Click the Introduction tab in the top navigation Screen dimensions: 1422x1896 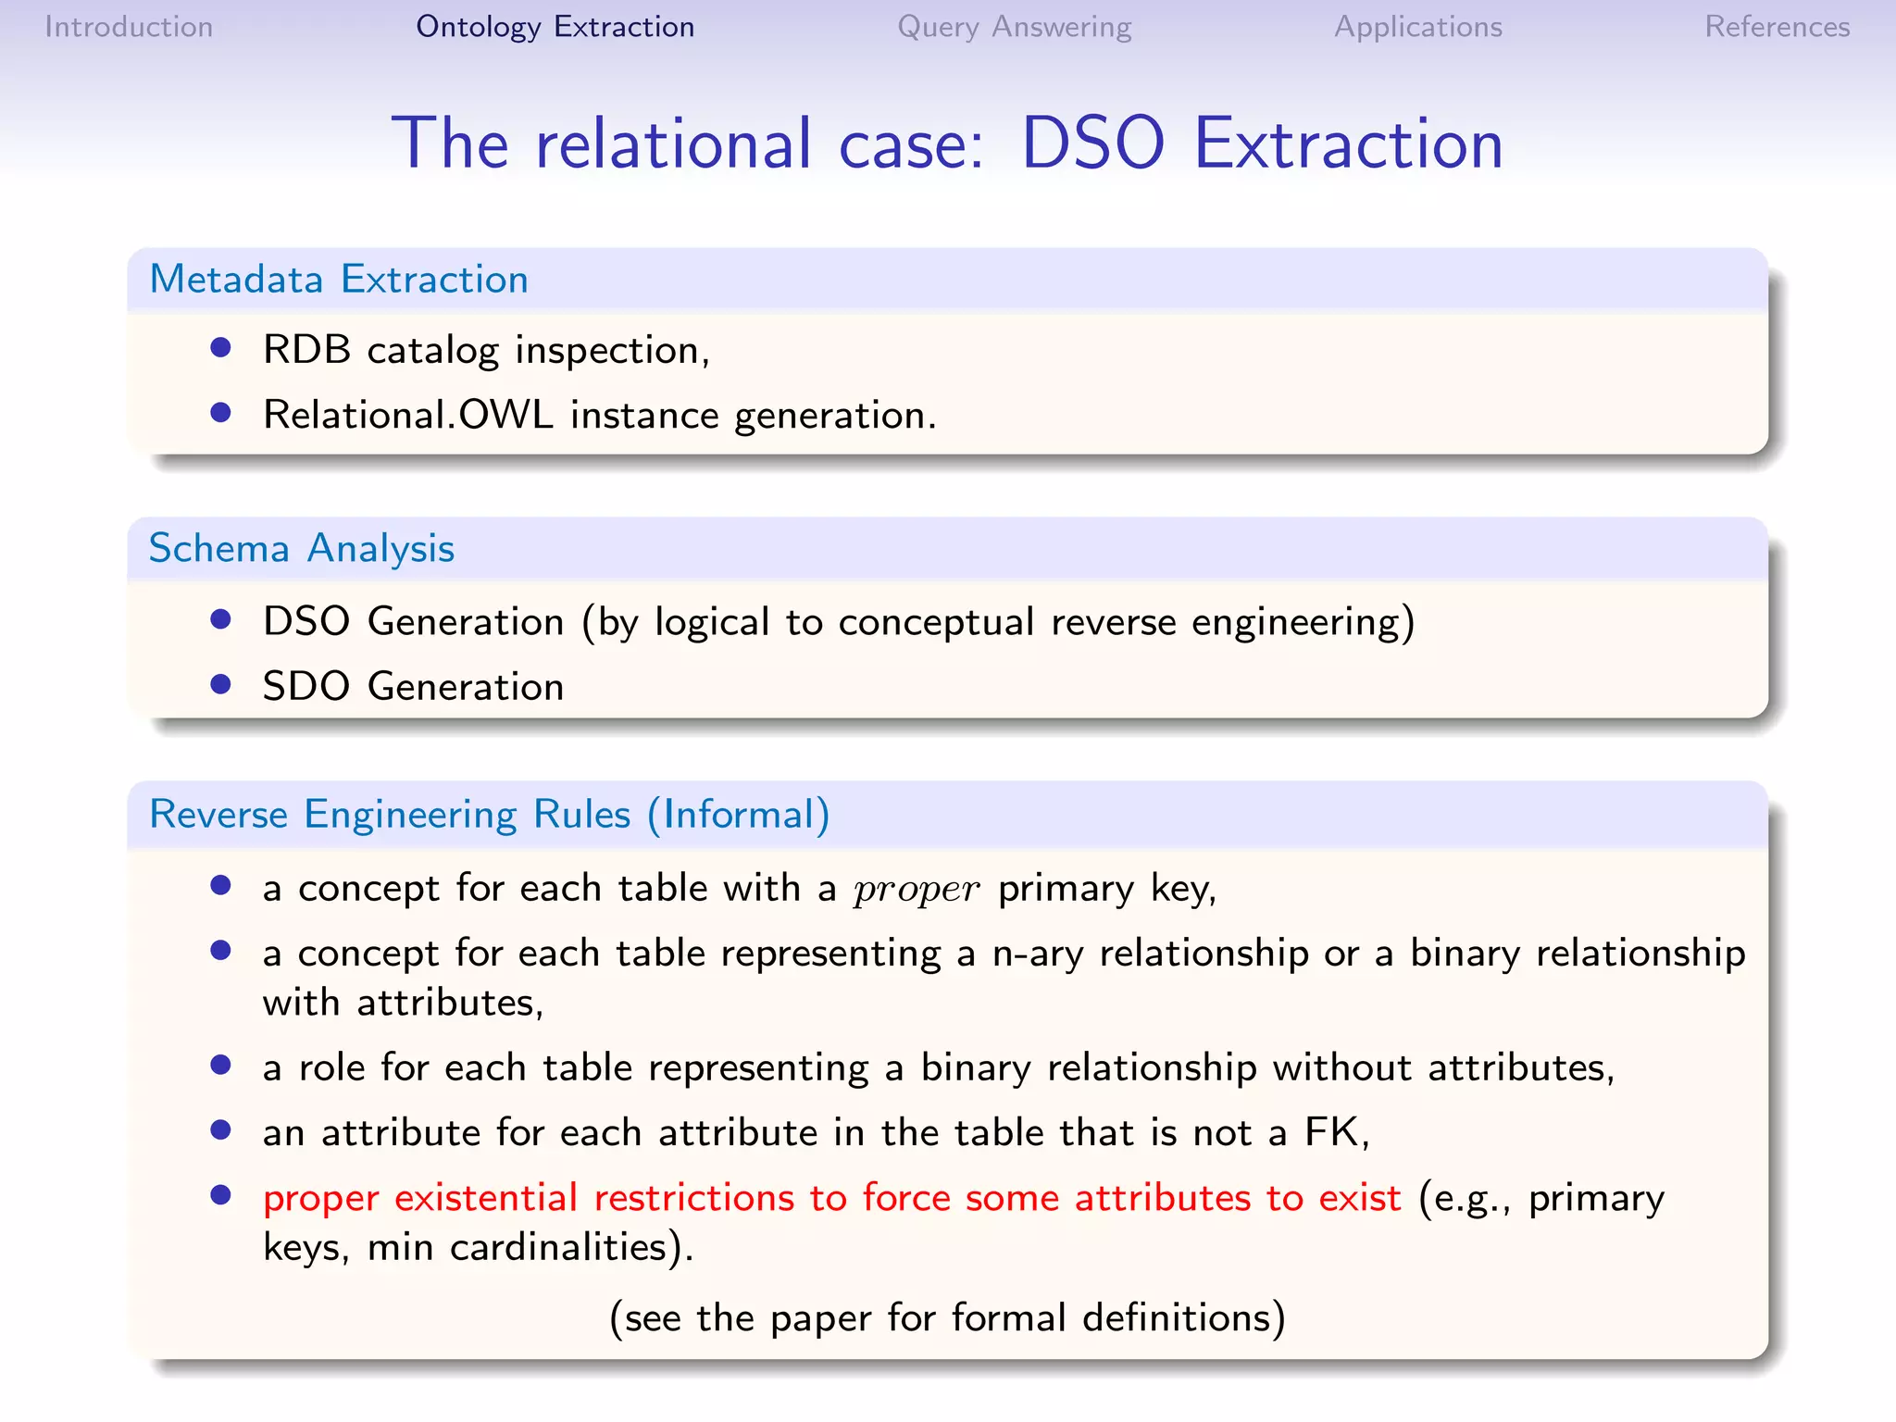[129, 27]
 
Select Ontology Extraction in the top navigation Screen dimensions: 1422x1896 [555, 27]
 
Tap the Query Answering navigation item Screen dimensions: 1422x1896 [1014, 27]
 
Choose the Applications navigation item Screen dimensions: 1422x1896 [1417, 27]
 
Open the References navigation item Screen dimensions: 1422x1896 [1777, 27]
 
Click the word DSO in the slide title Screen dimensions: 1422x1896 [1092, 144]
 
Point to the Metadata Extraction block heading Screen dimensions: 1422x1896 [339, 280]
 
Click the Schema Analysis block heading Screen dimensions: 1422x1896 [302, 549]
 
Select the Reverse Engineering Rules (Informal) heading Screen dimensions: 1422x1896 [489, 815]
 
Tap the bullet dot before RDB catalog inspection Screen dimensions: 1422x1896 [220, 347]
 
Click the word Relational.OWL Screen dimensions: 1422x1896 [407, 415]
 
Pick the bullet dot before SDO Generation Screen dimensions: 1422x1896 [220, 684]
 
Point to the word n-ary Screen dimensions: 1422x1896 [1038, 954]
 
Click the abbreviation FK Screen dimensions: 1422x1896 [1331, 1132]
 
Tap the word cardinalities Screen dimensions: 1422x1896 [559, 1248]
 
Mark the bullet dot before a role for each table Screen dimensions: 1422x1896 [220, 1065]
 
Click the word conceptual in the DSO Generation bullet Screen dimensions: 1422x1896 [935, 622]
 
